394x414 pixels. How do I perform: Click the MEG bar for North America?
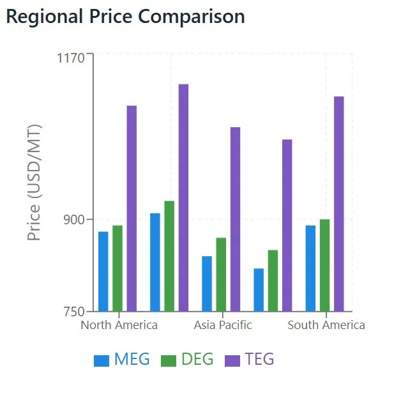pos(103,272)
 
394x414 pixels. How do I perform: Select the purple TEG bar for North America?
pos(132,208)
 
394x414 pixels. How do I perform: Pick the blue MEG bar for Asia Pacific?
pos(207,284)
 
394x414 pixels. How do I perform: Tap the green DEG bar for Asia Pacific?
pos(221,275)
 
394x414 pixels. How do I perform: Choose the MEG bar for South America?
pos(310,268)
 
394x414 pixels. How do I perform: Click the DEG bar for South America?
pos(324,265)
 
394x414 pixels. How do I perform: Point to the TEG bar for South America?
pos(339,204)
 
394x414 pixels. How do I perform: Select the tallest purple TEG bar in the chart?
pos(183,197)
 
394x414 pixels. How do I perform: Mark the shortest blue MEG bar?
pos(259,290)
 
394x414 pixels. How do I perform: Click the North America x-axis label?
pos(119,325)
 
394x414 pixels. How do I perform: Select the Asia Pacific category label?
pos(223,325)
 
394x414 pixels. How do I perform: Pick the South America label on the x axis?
pos(326,325)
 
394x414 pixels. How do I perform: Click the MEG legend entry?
pos(122,360)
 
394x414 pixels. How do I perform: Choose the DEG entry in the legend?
pos(188,360)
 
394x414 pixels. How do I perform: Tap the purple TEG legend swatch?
pos(232,360)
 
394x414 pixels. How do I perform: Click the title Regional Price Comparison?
pos(125,17)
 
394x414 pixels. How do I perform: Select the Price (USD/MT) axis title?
pos(34,183)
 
